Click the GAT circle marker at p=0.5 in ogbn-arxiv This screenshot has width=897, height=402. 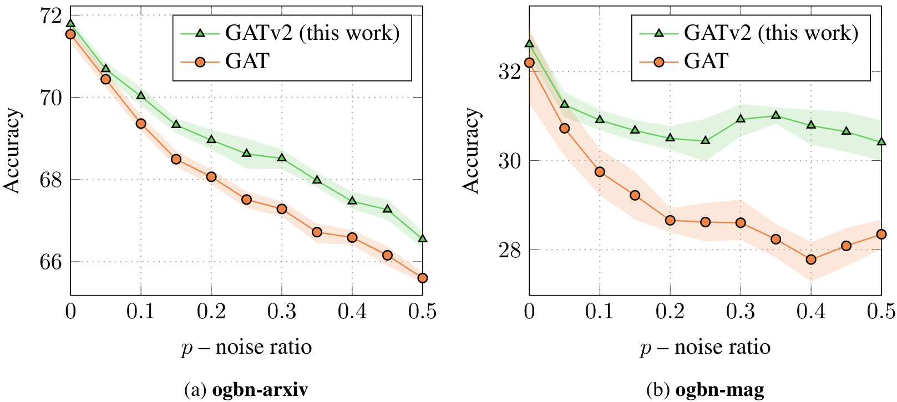(x=423, y=278)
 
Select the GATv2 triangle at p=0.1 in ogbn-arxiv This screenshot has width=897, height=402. (x=141, y=95)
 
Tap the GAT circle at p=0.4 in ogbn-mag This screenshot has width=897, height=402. (x=811, y=259)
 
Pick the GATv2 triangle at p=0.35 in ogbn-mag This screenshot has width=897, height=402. (x=776, y=115)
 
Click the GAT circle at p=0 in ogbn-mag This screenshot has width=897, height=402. (x=529, y=63)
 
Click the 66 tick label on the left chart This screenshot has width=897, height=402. (x=51, y=261)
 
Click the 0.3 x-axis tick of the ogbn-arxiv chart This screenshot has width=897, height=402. (x=282, y=312)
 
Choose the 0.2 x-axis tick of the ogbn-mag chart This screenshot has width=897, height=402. (x=670, y=312)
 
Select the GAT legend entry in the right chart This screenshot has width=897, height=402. (x=706, y=61)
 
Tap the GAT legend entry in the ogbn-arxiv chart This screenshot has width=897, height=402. (x=247, y=61)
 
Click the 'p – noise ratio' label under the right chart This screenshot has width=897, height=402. (x=705, y=348)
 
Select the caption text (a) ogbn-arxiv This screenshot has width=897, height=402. (x=246, y=390)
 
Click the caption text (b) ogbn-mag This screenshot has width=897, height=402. (x=705, y=390)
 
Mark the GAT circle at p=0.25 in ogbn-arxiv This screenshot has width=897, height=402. (x=246, y=200)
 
